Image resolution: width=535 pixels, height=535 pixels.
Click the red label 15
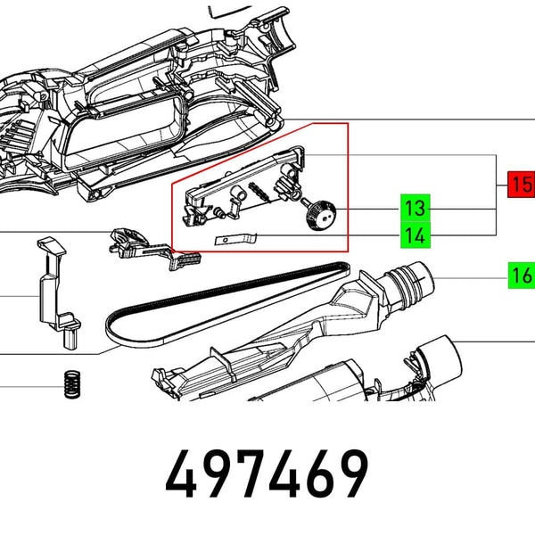pos(520,185)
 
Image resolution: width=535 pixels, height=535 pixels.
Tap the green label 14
pos(415,236)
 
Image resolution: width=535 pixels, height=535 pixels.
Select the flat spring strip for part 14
pos(238,238)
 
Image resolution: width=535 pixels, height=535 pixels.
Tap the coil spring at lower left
pos(70,385)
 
